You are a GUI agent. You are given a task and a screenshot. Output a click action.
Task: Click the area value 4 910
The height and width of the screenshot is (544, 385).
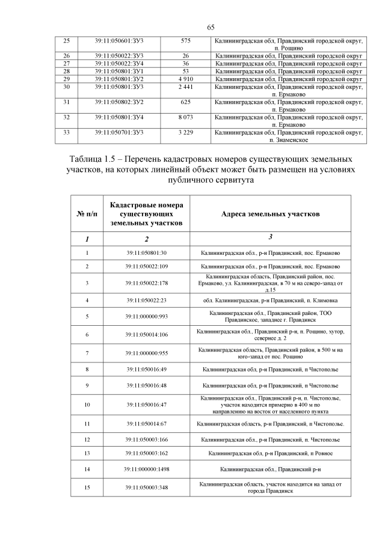coord(185,79)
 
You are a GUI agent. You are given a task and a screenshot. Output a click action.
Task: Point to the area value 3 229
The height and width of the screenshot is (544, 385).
coord(185,132)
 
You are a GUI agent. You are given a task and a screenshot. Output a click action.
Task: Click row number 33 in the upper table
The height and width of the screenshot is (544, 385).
coord(67,132)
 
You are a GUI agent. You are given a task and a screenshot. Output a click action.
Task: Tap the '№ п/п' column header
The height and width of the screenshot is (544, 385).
coord(87,215)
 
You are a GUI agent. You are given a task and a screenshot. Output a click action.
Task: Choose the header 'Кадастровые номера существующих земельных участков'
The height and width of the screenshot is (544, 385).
coord(147,215)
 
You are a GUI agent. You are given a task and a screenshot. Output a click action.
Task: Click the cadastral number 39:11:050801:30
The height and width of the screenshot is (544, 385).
coord(147,254)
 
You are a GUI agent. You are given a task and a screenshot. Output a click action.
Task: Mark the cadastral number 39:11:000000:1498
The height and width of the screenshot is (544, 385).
coord(147,468)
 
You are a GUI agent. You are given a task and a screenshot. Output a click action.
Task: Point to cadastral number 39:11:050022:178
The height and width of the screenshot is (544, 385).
coord(147,283)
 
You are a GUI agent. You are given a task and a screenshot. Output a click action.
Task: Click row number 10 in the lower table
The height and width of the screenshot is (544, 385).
coord(87,405)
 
